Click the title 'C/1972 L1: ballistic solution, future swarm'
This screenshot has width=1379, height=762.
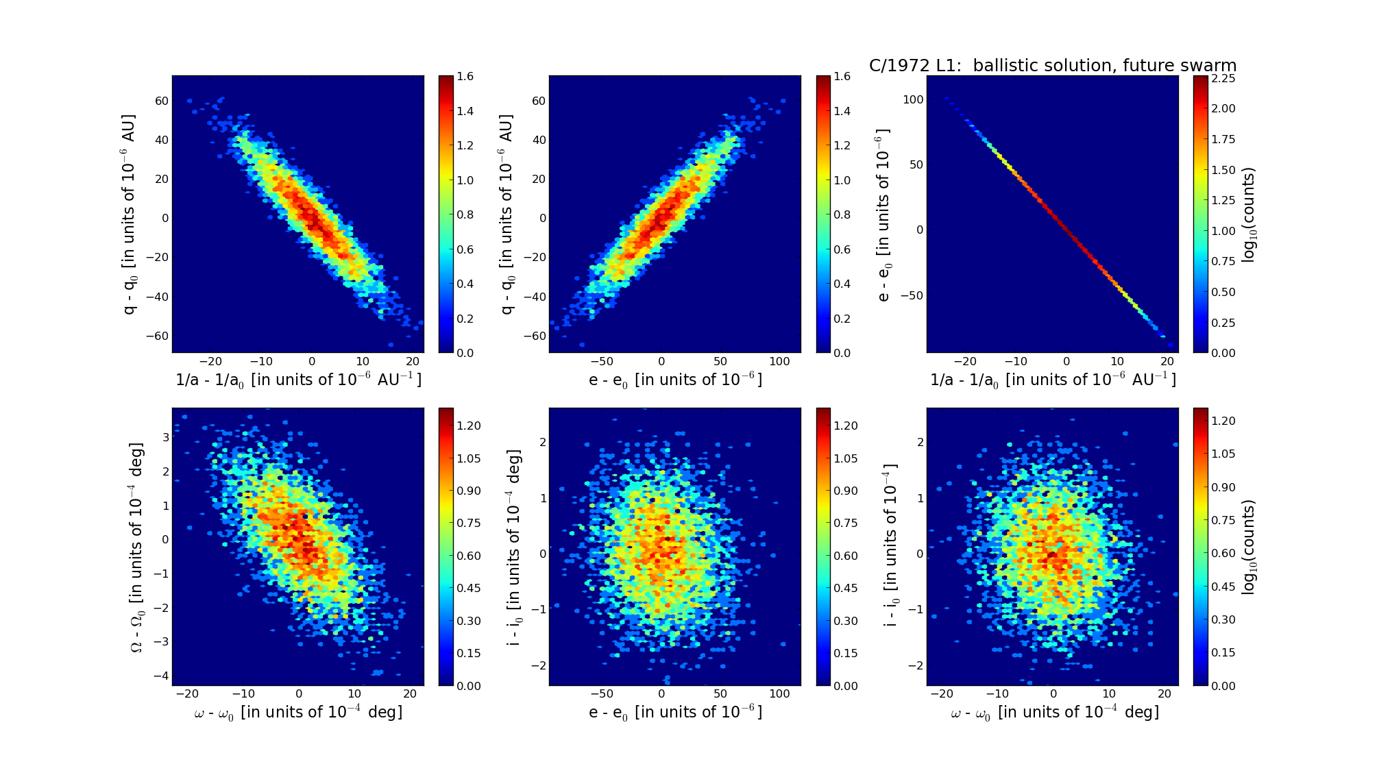pyautogui.click(x=1053, y=66)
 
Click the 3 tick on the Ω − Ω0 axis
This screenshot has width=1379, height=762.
pyautogui.click(x=165, y=437)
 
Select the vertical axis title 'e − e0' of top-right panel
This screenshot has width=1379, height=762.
pyautogui.click(x=883, y=214)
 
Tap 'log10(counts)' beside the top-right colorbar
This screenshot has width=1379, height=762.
pyautogui.click(x=1249, y=214)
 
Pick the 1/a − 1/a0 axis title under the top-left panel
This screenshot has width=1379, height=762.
pyautogui.click(x=298, y=380)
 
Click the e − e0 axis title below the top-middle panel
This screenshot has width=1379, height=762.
pyautogui.click(x=675, y=380)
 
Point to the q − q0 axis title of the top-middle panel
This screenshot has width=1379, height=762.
pyautogui.click(x=507, y=214)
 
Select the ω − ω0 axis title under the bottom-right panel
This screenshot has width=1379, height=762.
pyautogui.click(x=1054, y=713)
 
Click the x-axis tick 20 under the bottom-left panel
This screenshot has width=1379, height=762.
pyautogui.click(x=409, y=694)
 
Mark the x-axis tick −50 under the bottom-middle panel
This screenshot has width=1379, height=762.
pyautogui.click(x=602, y=694)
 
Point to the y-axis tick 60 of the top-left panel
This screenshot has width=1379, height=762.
pyautogui.click(x=162, y=101)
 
